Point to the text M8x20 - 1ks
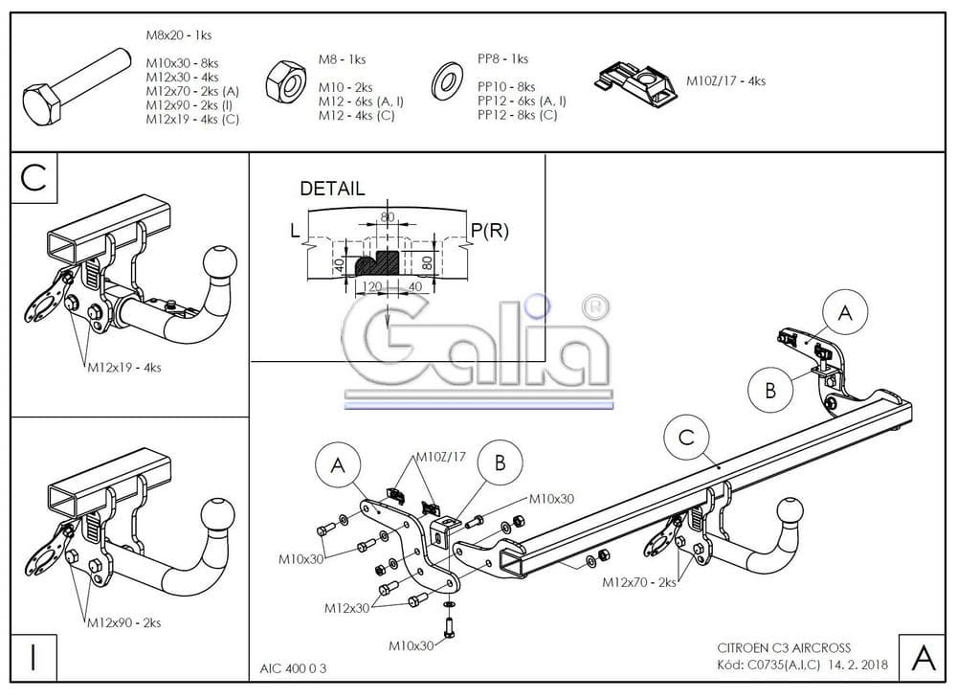click(x=179, y=34)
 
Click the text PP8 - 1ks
click(x=502, y=59)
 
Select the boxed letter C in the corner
click(x=34, y=179)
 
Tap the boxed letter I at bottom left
click(x=34, y=658)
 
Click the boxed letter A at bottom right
click(x=923, y=658)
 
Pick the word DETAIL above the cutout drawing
click(x=332, y=189)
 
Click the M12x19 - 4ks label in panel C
click(x=120, y=367)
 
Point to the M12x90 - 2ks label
click(x=123, y=623)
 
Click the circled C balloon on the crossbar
click(x=686, y=438)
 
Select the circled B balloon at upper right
click(x=770, y=389)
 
